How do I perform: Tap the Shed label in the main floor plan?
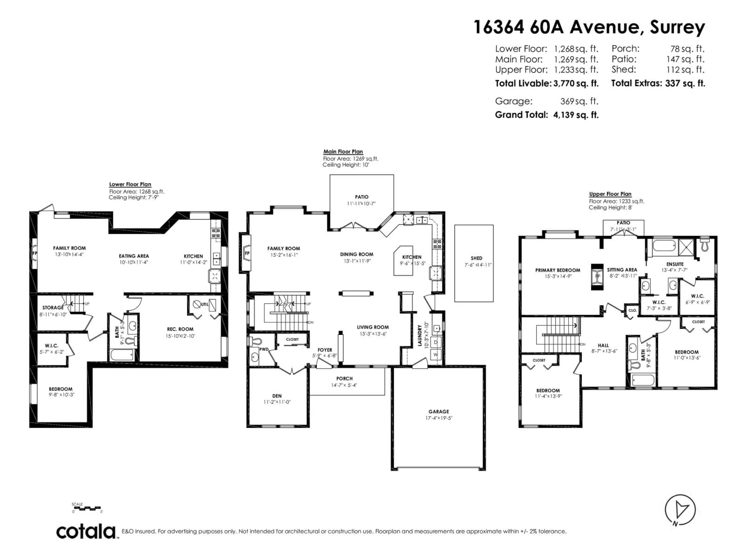tap(476, 258)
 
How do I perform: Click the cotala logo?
tap(86, 532)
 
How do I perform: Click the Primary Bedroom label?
tap(557, 270)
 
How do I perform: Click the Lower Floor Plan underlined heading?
tap(130, 184)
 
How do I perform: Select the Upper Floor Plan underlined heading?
tap(610, 194)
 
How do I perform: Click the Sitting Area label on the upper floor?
tap(622, 270)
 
